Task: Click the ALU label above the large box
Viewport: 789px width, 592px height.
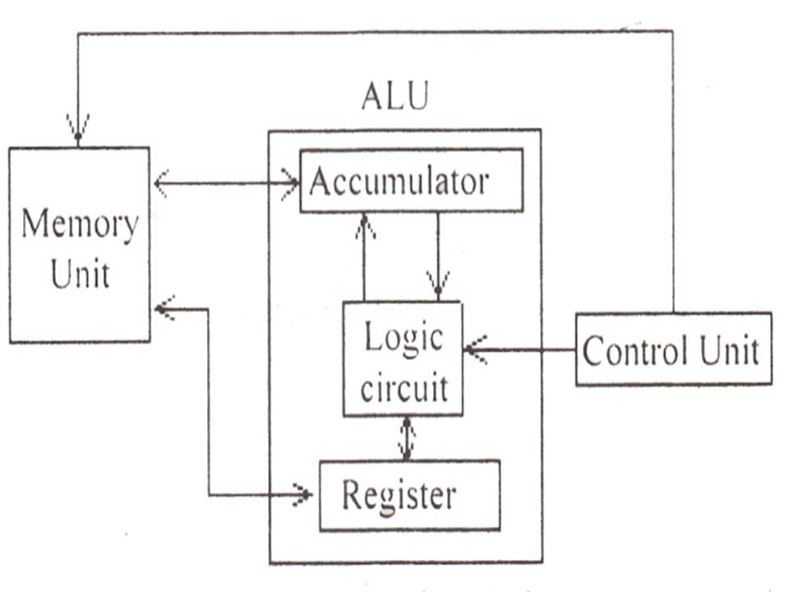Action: pyautogui.click(x=394, y=97)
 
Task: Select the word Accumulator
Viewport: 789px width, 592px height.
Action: pyautogui.click(x=399, y=182)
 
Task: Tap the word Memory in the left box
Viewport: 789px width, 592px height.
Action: pyautogui.click(x=79, y=224)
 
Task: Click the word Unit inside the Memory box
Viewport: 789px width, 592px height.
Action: pyautogui.click(x=80, y=275)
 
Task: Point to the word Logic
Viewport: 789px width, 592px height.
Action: pyautogui.click(x=403, y=338)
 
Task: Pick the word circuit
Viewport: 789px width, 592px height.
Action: pyautogui.click(x=403, y=386)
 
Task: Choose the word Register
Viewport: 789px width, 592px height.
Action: pyautogui.click(x=398, y=495)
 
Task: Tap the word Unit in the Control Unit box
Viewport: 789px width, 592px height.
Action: pyautogui.click(x=728, y=351)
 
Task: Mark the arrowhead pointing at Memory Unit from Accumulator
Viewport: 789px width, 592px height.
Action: pyautogui.click(x=162, y=183)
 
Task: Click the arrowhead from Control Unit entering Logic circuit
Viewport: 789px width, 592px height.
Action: pyautogui.click(x=474, y=349)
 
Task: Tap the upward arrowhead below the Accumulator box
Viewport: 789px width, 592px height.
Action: pyautogui.click(x=363, y=225)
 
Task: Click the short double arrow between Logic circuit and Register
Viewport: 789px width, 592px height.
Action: pyautogui.click(x=406, y=438)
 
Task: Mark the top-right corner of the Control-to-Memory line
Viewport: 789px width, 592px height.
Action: pyautogui.click(x=673, y=31)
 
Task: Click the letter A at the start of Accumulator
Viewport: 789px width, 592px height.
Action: pyautogui.click(x=319, y=182)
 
